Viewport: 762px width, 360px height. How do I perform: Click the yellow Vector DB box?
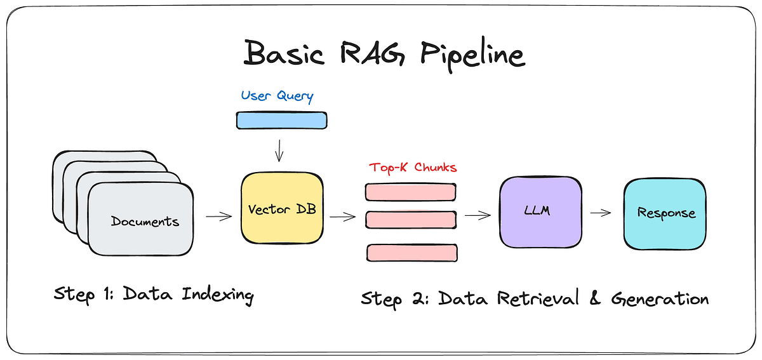tap(282, 208)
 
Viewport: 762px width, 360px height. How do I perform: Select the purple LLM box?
tap(540, 212)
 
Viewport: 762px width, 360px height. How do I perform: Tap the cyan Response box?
tap(665, 214)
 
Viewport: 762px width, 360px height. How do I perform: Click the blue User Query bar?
tap(282, 121)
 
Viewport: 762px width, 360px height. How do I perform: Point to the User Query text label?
tap(277, 96)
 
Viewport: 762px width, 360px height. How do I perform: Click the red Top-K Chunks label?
tap(413, 168)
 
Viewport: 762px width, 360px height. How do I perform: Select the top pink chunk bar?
tap(411, 192)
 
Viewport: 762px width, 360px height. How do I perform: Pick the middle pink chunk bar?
tap(411, 220)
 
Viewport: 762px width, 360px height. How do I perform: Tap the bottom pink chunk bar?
tap(412, 253)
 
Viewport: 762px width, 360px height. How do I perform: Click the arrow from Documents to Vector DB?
tap(218, 216)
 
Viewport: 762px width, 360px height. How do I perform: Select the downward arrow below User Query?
tap(279, 150)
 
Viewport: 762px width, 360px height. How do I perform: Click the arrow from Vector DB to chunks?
tap(342, 217)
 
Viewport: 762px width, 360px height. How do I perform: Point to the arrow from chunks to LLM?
tap(478, 215)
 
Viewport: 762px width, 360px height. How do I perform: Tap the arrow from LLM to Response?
tap(601, 213)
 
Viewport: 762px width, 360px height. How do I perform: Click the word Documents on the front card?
tap(145, 222)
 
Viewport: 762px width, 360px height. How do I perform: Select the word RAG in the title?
tap(373, 53)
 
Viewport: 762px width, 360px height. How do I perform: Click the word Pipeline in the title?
tap(473, 56)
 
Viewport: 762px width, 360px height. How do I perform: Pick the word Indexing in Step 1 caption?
tap(218, 295)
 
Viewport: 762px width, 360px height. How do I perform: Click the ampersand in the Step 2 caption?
tap(594, 297)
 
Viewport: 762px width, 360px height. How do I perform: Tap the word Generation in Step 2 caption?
tap(660, 298)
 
